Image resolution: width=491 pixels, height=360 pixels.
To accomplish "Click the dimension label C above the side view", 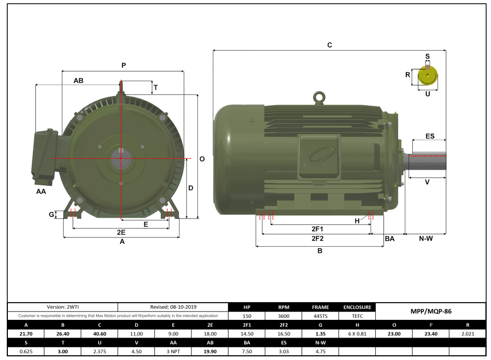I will tap(329, 45).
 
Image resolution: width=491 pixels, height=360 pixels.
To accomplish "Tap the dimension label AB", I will tap(78, 81).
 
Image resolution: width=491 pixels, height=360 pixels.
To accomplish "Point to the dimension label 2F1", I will tap(317, 229).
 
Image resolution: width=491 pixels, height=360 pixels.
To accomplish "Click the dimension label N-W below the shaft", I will tap(426, 238).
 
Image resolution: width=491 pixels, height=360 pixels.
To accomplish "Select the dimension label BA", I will tap(389, 238).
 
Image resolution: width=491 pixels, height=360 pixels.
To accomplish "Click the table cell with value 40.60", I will tap(99, 333).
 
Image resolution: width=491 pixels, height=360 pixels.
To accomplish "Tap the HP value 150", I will tap(247, 316).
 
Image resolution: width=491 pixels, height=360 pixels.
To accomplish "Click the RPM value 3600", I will tap(284, 316).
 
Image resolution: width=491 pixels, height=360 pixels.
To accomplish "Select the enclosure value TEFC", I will tap(357, 316).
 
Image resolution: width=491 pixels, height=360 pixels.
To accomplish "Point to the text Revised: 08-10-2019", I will tap(173, 307).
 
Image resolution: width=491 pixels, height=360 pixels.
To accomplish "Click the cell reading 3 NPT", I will tap(173, 351).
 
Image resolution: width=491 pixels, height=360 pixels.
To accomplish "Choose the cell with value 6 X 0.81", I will tap(357, 333).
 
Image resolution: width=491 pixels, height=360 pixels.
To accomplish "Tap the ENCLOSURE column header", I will tap(357, 307).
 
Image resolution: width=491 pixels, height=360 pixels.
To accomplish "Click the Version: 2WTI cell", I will tap(62, 307).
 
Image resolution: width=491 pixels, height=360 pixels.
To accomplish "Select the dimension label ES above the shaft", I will tap(429, 136).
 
